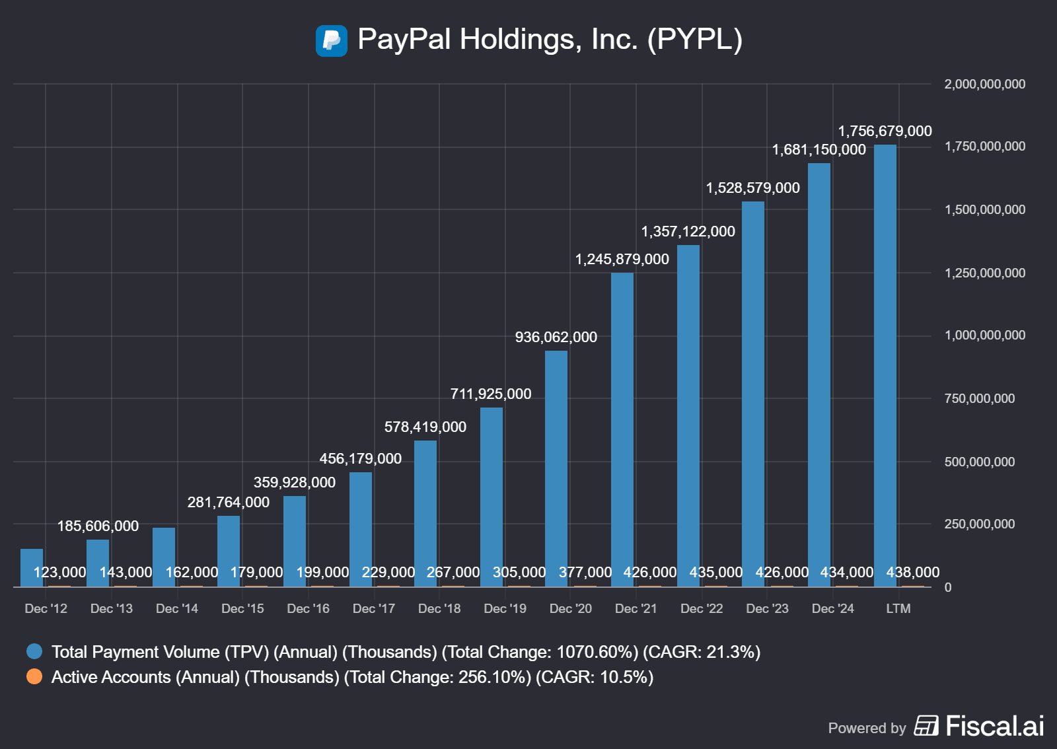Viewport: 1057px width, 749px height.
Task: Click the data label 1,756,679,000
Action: click(885, 131)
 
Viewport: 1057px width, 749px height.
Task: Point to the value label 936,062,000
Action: click(556, 337)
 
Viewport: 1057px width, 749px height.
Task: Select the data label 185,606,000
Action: click(98, 526)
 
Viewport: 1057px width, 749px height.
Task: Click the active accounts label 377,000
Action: click(585, 572)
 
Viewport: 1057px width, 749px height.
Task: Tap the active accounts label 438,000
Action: click(912, 572)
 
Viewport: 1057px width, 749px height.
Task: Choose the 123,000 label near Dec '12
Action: click(60, 572)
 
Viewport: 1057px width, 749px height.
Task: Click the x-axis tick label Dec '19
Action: click(505, 608)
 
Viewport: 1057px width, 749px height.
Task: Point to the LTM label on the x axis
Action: click(898, 608)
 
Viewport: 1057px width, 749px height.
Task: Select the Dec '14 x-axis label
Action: click(177, 608)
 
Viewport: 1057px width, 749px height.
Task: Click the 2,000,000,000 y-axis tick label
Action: click(984, 84)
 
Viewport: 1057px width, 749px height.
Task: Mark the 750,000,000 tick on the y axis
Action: click(979, 398)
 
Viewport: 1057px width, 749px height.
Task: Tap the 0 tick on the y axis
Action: click(948, 587)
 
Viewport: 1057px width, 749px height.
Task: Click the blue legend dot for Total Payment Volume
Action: click(34, 651)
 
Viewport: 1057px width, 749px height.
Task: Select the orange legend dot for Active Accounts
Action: click(34, 676)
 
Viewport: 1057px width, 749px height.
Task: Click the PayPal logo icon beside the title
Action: click(332, 40)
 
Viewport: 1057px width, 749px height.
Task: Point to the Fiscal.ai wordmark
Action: click(994, 726)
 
